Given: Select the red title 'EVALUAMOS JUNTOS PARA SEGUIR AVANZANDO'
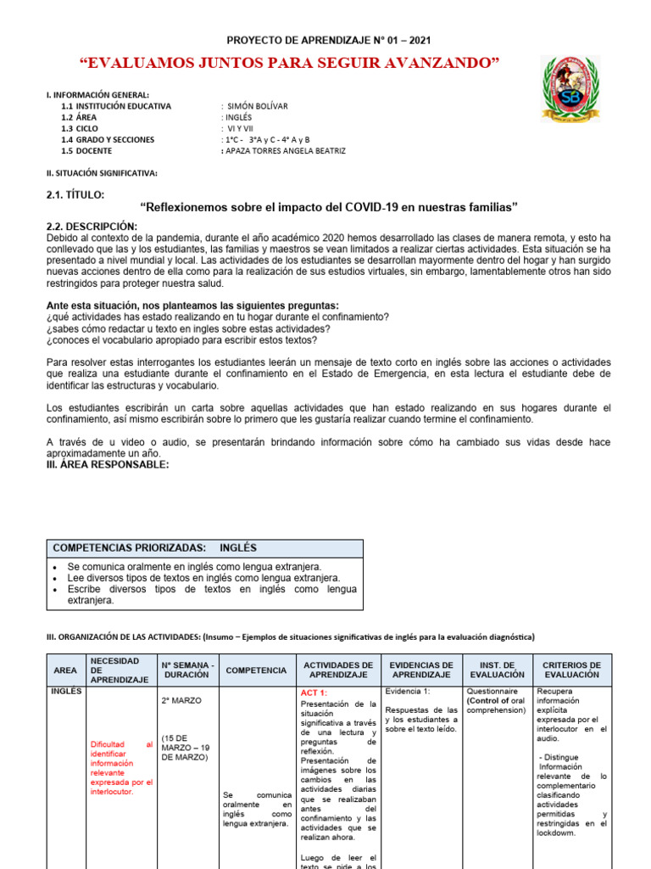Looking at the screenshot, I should [x=288, y=64].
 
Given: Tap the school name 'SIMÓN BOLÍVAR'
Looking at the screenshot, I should [x=258, y=106].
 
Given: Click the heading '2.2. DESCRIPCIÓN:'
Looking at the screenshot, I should [x=91, y=226].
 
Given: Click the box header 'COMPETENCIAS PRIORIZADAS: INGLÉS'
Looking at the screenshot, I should [x=155, y=548].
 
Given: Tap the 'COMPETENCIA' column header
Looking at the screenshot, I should [x=255, y=670].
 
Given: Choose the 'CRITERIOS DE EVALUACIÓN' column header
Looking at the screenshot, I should [x=570, y=670].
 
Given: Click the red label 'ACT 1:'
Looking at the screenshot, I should [x=314, y=692].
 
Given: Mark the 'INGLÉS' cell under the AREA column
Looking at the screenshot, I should [x=65, y=692].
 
